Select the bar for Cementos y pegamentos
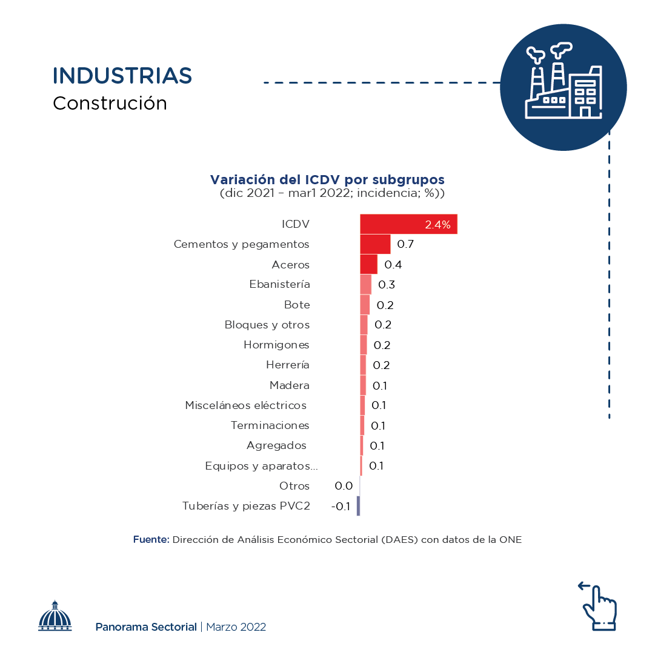[x=375, y=244]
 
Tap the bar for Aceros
[x=368, y=264]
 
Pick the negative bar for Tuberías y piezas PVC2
[x=358, y=506]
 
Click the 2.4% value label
[x=437, y=225]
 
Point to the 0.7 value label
[x=405, y=244]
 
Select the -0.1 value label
[x=341, y=507]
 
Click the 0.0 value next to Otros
[x=344, y=486]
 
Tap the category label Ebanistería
[x=279, y=284]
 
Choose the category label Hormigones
[x=276, y=345]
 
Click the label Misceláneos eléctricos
[x=245, y=405]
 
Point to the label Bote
[x=297, y=305]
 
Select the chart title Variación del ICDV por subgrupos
[x=327, y=180]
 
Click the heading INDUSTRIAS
[x=122, y=76]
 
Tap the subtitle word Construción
[x=110, y=103]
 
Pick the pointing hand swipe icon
[x=599, y=606]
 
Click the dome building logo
[x=55, y=617]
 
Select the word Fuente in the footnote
[x=151, y=539]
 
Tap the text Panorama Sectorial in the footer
[x=146, y=627]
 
